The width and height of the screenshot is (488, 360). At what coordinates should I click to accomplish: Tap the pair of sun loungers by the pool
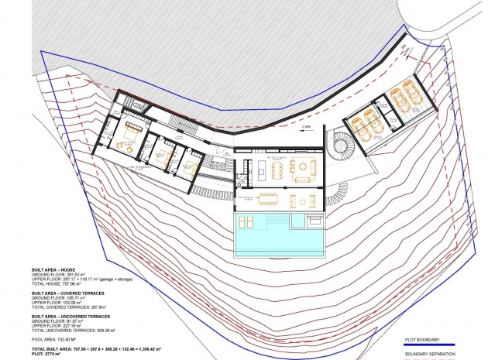pyautogui.click(x=246, y=223)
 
